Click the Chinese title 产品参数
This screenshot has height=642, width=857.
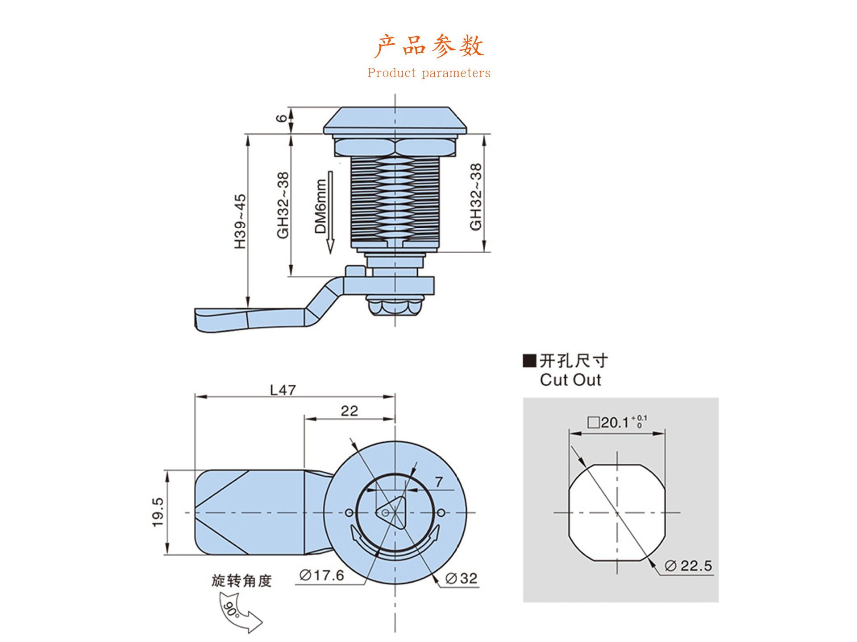[x=428, y=46]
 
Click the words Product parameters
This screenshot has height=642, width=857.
[x=429, y=73]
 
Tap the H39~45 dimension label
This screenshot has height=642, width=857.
[x=240, y=222]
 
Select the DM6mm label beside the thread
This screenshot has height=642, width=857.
[x=320, y=206]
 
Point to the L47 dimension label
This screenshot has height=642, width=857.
[x=283, y=390]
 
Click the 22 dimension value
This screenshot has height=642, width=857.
[x=349, y=411]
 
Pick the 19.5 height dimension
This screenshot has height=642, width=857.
[x=158, y=512]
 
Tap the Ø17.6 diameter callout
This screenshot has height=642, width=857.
[x=322, y=575]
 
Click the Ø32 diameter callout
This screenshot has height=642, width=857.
[x=462, y=578]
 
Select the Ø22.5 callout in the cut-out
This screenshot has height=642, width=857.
[x=688, y=566]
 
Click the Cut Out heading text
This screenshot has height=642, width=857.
[x=570, y=380]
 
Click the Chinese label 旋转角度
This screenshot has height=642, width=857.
[x=241, y=580]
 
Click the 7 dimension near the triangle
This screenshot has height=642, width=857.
[x=439, y=481]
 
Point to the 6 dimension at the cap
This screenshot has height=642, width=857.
[x=282, y=118]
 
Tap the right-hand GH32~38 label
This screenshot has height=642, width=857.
[x=476, y=197]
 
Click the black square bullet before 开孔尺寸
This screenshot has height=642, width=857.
[x=529, y=360]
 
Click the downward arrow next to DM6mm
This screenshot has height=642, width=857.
[x=330, y=212]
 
